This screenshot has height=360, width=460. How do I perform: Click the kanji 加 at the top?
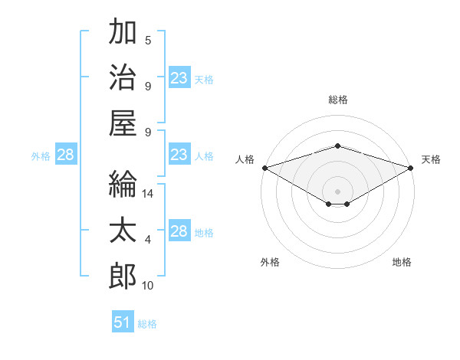click(x=123, y=31)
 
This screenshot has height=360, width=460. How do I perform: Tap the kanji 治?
click(x=123, y=77)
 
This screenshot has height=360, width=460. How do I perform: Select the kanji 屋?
click(x=123, y=123)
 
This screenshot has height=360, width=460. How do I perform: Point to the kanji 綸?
click(x=123, y=184)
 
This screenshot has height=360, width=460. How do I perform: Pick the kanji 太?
click(x=123, y=230)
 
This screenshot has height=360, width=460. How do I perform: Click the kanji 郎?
click(x=123, y=276)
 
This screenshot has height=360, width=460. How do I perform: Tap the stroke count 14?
click(x=147, y=194)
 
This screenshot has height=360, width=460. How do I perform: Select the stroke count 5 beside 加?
click(x=148, y=40)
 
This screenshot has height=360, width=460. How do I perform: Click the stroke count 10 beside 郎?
click(x=147, y=285)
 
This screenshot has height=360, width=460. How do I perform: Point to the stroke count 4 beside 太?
click(x=148, y=240)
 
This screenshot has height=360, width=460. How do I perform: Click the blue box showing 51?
click(x=123, y=321)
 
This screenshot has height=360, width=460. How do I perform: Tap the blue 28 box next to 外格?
click(x=66, y=154)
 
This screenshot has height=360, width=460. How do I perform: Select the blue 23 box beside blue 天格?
click(x=179, y=77)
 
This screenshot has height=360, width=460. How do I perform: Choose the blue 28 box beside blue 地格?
click(x=179, y=230)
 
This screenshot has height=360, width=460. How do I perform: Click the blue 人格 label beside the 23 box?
click(x=204, y=156)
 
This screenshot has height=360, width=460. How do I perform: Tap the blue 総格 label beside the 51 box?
click(x=147, y=324)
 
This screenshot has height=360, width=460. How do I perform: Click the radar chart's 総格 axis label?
click(x=338, y=100)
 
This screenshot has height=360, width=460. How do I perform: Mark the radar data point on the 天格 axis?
click(x=411, y=168)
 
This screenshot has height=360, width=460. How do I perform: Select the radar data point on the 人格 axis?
click(x=265, y=168)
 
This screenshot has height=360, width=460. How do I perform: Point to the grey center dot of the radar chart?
click(x=337, y=191)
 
